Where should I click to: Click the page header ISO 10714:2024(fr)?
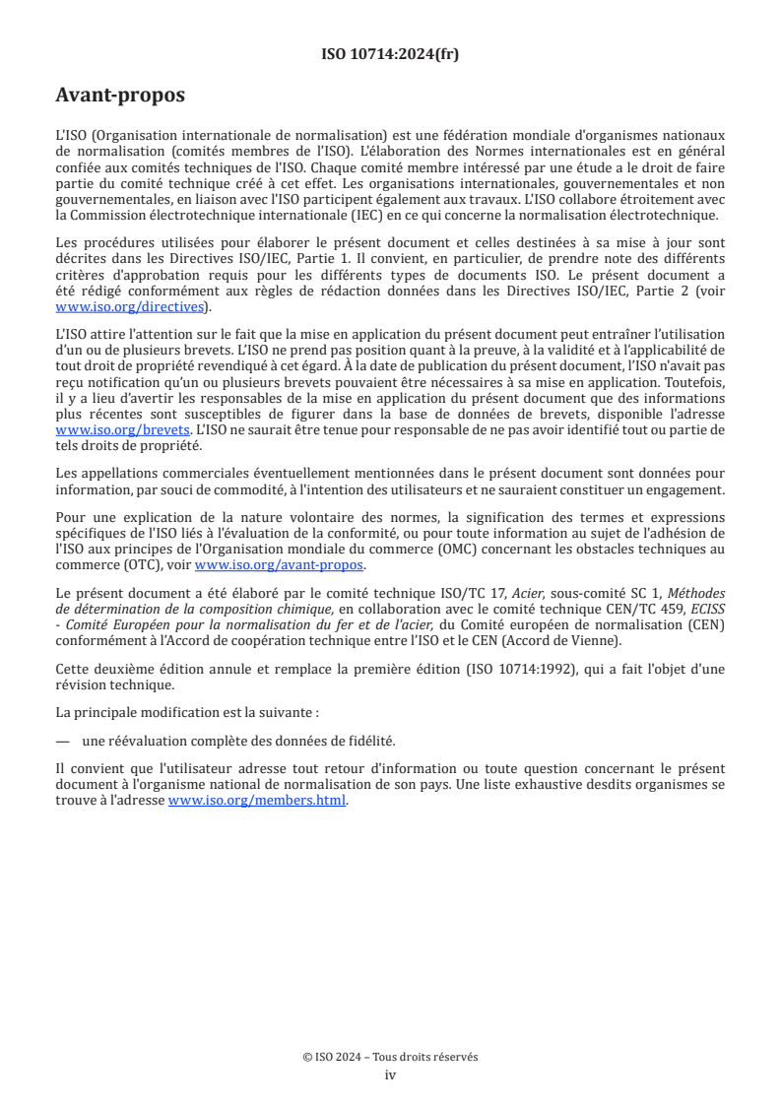[390, 54]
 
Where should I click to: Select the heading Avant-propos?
[119, 96]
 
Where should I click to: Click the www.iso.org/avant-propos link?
[280, 565]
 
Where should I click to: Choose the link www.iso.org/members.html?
[257, 801]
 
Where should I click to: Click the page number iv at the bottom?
[390, 1074]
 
